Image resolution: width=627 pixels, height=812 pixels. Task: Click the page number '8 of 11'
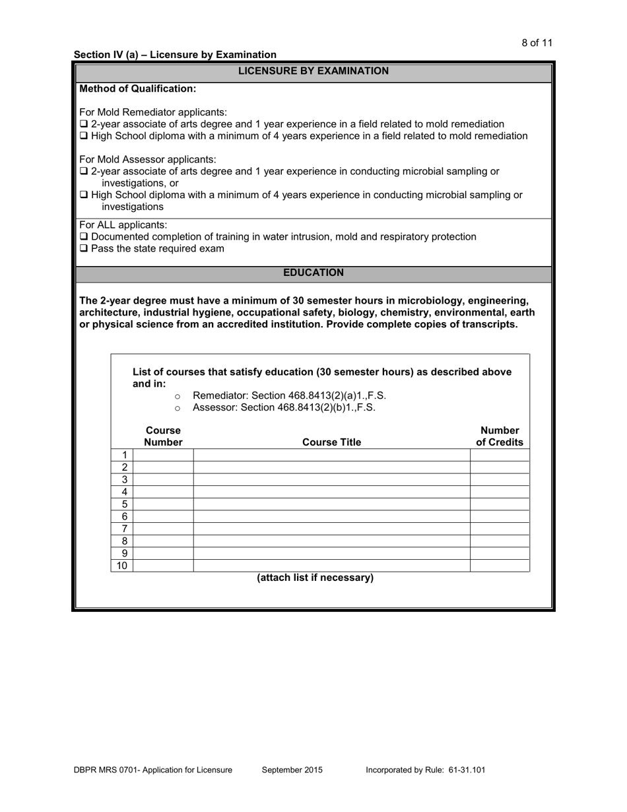click(x=537, y=43)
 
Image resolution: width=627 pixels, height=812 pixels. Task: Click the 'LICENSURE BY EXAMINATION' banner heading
click(x=313, y=71)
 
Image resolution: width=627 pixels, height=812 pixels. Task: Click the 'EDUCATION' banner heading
click(x=313, y=273)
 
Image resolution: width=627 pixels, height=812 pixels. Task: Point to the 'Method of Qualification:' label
click(x=137, y=88)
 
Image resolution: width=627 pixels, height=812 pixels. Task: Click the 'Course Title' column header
click(x=331, y=442)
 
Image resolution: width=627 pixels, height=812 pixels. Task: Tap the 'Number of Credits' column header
click(x=500, y=436)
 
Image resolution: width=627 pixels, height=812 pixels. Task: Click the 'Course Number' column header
click(x=163, y=436)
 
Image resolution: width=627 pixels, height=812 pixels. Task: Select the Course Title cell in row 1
click(x=331, y=456)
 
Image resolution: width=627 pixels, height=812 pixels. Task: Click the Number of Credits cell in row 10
click(x=500, y=566)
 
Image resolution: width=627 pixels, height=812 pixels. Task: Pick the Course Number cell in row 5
click(x=163, y=504)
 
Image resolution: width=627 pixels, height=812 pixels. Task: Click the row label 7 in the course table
click(x=124, y=529)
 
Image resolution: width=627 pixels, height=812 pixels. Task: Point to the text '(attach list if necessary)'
click(x=315, y=578)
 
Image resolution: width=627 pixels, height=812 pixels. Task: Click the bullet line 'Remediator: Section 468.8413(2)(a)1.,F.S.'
click(x=289, y=395)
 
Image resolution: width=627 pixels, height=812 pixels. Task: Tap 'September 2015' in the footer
click(x=292, y=770)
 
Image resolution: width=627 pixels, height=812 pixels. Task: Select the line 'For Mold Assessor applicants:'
click(x=147, y=160)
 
